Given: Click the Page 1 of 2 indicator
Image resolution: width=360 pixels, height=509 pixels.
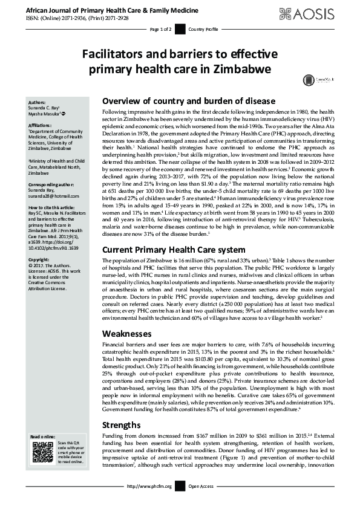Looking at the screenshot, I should point(162,29).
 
